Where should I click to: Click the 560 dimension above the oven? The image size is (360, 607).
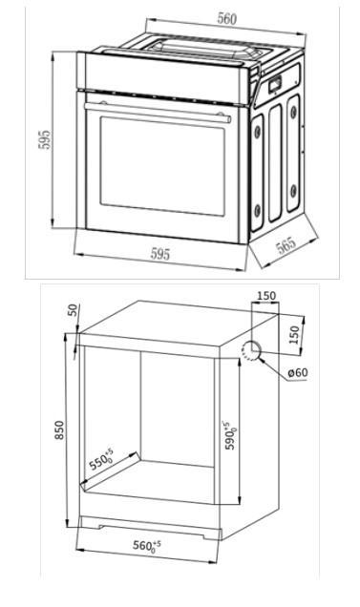(226, 18)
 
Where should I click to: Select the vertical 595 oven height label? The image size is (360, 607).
(45, 139)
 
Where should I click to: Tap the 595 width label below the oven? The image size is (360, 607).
(160, 254)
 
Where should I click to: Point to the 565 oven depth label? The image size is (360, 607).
(286, 246)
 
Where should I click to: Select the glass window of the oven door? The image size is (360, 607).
(162, 166)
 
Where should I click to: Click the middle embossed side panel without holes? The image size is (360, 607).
(275, 162)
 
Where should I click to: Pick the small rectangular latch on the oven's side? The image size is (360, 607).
(275, 84)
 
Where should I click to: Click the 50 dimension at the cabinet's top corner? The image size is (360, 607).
(73, 310)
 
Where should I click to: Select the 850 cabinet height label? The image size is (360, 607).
(59, 429)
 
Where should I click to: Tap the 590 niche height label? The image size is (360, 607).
(230, 435)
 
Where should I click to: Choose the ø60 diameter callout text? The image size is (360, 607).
(298, 373)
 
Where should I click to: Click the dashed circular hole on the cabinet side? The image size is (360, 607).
(250, 351)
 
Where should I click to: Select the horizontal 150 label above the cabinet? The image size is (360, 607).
(266, 296)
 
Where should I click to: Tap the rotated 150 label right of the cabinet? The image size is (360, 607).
(294, 335)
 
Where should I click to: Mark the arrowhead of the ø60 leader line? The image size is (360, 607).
(261, 359)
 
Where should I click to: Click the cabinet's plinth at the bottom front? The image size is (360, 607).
(150, 528)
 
